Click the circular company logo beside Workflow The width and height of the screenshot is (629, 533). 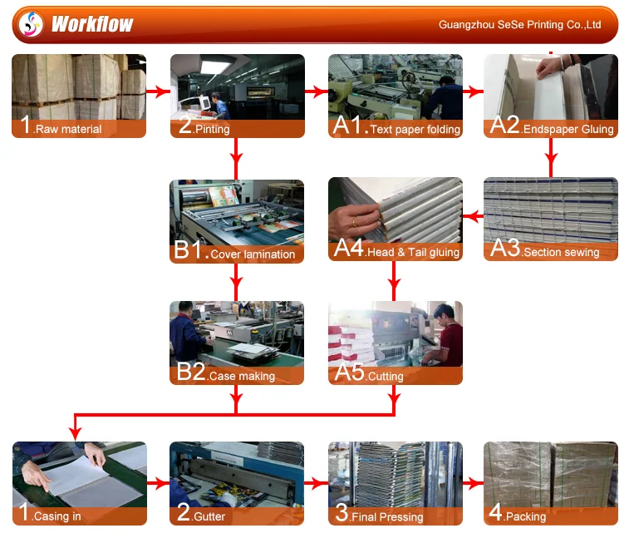pos(31,24)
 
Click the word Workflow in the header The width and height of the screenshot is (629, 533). pos(92,24)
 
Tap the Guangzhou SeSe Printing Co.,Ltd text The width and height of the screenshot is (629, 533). pos(519,25)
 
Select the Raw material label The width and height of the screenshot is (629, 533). pos(68,129)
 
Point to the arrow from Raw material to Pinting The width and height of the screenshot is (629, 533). pos(158,92)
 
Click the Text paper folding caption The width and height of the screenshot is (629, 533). pos(415,129)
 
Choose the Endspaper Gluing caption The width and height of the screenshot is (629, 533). pos(568,129)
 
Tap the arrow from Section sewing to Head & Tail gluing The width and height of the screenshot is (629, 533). pos(473,216)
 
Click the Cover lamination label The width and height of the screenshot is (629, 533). pos(253,254)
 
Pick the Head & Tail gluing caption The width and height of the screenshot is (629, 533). pos(413,252)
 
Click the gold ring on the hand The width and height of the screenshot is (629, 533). pos(354,221)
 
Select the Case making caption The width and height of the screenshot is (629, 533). pos(242,376)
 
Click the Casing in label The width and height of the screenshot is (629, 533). pos(57,516)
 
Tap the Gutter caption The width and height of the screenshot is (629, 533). pos(209,516)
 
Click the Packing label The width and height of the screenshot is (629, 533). pos(526,516)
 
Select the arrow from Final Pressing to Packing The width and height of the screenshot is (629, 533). pos(473,483)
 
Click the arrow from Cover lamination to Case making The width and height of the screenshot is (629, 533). pos(236,282)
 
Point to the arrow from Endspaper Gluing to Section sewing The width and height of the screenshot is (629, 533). pos(551,157)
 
